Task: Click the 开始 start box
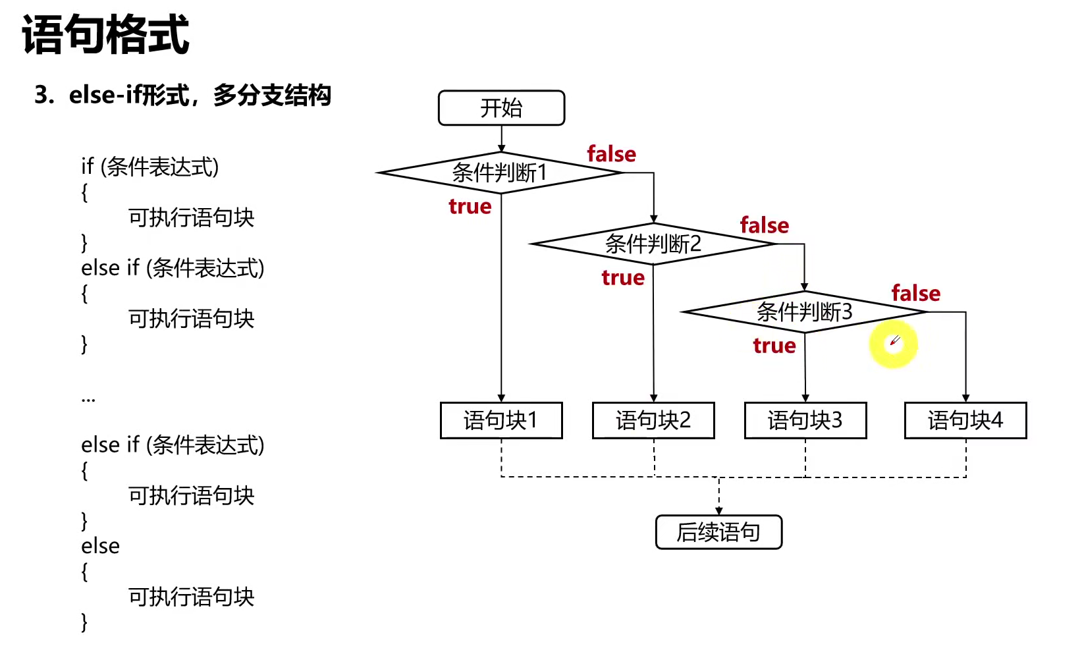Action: pos(501,108)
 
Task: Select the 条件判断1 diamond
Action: pos(500,173)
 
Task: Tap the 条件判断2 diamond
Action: pos(653,244)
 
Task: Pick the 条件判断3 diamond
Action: pos(804,311)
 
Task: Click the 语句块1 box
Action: pos(501,420)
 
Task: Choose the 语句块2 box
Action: pos(653,420)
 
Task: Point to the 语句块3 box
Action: pos(805,420)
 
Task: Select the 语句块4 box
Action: pos(965,420)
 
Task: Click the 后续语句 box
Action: pos(718,532)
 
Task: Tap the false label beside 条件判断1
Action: pos(611,154)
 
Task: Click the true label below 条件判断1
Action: pos(470,207)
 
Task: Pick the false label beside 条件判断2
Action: pos(764,225)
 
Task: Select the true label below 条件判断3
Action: pos(774,346)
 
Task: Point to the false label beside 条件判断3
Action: pos(915,293)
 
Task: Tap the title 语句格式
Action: pos(105,34)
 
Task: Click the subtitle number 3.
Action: pos(43,95)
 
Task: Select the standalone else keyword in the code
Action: pos(100,546)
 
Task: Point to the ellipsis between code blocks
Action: pos(88,399)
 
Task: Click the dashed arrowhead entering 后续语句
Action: pos(718,511)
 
